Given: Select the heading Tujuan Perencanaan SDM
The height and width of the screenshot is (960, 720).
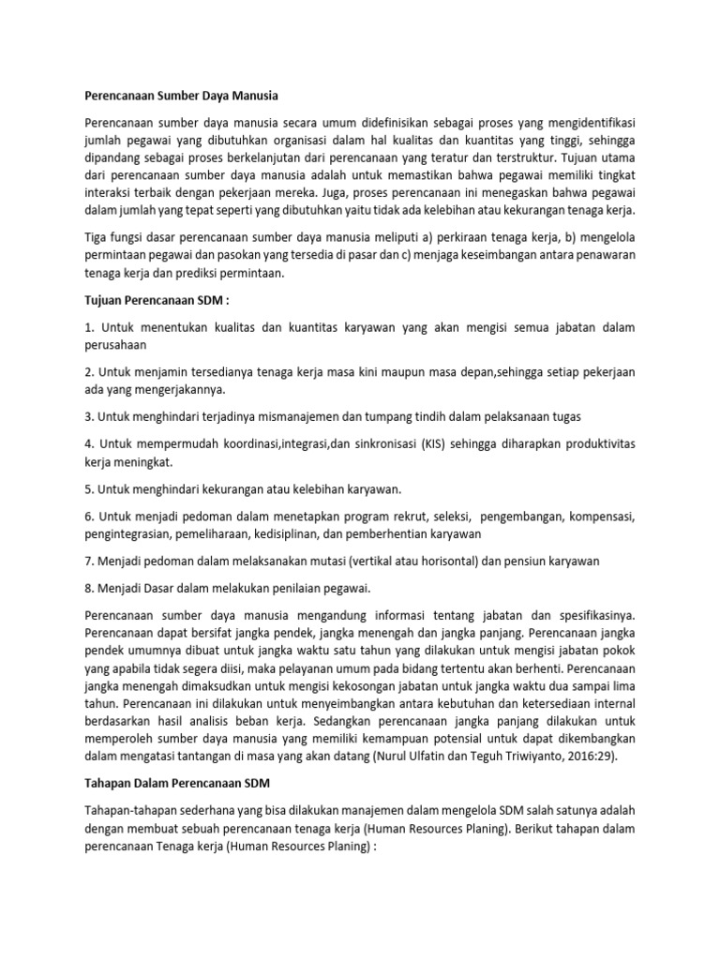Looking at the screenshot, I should pyautogui.click(x=157, y=300).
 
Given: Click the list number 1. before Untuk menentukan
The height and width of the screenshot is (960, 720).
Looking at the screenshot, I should pyautogui.click(x=89, y=326).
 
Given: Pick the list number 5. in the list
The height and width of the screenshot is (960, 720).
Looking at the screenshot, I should pyautogui.click(x=89, y=488).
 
